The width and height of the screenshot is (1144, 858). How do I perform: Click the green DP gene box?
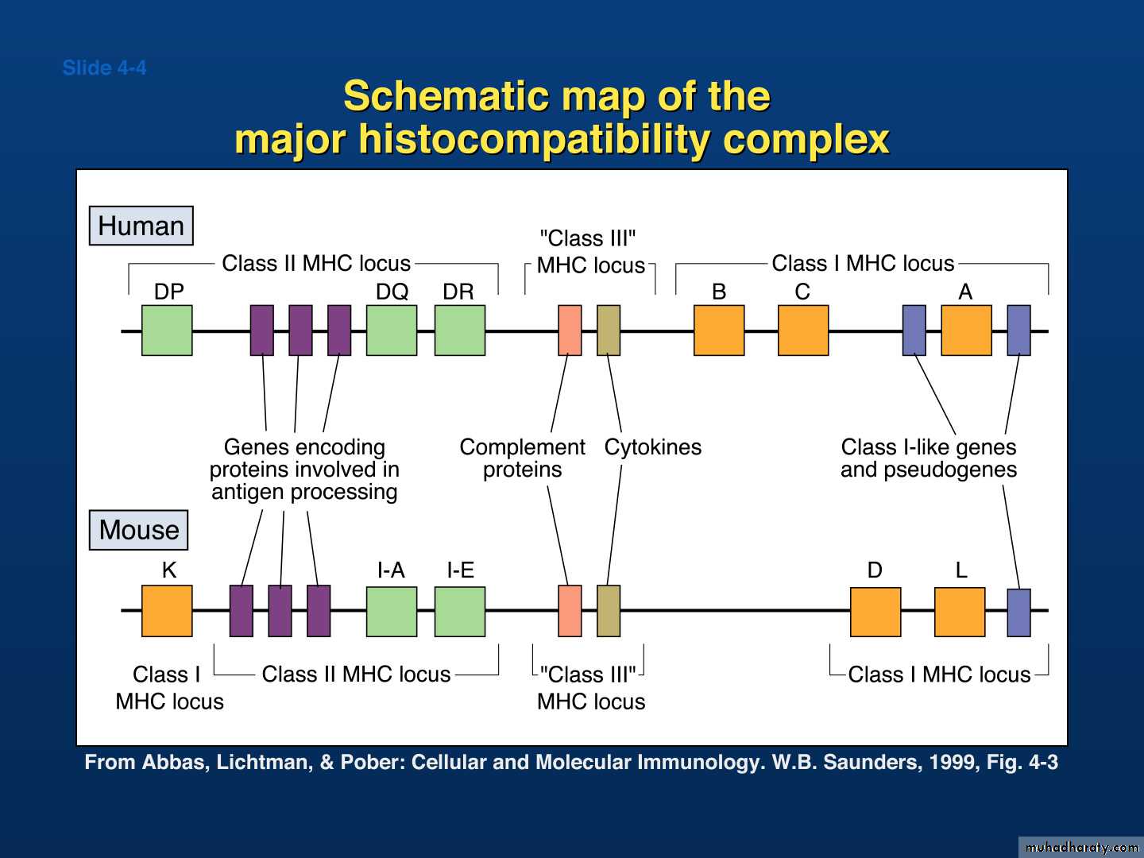(x=167, y=330)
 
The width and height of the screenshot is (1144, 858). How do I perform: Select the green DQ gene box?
(x=392, y=330)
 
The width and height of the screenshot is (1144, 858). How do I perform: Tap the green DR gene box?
(x=460, y=330)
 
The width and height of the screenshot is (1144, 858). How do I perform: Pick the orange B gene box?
(x=719, y=330)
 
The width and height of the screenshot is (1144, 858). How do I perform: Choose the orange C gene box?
(x=803, y=330)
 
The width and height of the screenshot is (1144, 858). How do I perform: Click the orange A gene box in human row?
(x=966, y=330)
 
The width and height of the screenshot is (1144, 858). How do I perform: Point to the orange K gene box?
(x=167, y=611)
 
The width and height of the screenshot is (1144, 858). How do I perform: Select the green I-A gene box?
(x=392, y=612)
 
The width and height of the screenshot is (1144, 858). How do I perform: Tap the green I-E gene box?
(x=460, y=612)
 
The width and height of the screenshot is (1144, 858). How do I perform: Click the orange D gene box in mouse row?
(x=875, y=612)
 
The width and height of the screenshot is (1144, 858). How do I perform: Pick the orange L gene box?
(x=960, y=612)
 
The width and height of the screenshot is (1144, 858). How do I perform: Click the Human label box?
(x=141, y=226)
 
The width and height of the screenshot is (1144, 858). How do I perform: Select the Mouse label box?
(x=139, y=530)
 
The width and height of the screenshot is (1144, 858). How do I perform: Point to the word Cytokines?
(x=652, y=447)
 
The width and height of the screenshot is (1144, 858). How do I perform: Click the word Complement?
(x=522, y=447)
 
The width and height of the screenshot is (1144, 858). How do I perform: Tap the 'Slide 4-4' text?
(x=104, y=68)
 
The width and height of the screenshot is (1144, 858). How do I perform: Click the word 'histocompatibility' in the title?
(x=534, y=140)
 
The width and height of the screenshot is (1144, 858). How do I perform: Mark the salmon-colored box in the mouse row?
(x=570, y=611)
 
